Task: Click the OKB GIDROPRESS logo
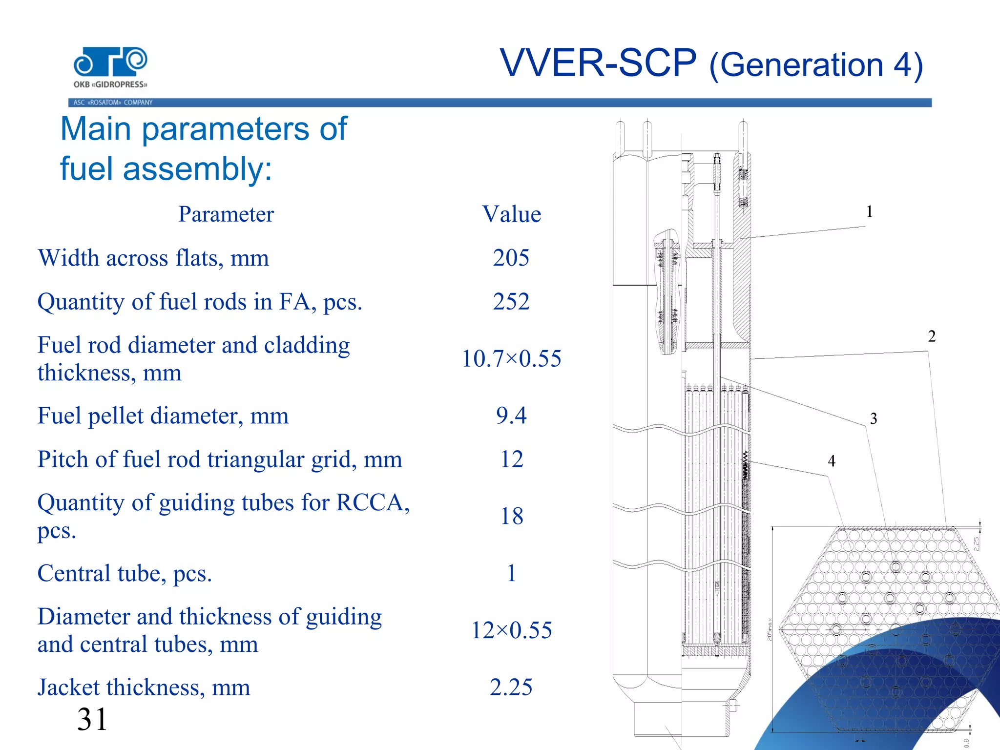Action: pyautogui.click(x=110, y=67)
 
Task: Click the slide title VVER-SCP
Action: pyautogui.click(x=598, y=63)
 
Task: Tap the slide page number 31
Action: pyautogui.click(x=92, y=719)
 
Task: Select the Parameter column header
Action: pyautogui.click(x=226, y=214)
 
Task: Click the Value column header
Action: pyautogui.click(x=511, y=214)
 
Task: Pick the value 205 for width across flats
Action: pyautogui.click(x=511, y=257)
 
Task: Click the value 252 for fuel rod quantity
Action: pyautogui.click(x=511, y=301)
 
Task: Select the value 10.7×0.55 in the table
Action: pyautogui.click(x=511, y=358)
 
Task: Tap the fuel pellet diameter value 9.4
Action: pyautogui.click(x=511, y=416)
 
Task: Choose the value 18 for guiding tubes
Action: pyautogui.click(x=511, y=516)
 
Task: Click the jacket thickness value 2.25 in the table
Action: pyautogui.click(x=511, y=687)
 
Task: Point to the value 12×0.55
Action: pyautogui.click(x=511, y=630)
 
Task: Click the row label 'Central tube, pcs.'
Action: pyautogui.click(x=125, y=573)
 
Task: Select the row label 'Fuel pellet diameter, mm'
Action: pyautogui.click(x=163, y=416)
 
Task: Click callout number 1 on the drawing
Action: pyautogui.click(x=869, y=211)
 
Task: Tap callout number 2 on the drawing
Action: pyautogui.click(x=932, y=336)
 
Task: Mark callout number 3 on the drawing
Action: pyautogui.click(x=874, y=418)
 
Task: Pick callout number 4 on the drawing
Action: pyautogui.click(x=832, y=460)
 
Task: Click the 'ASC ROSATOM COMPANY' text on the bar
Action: pyautogui.click(x=113, y=103)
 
